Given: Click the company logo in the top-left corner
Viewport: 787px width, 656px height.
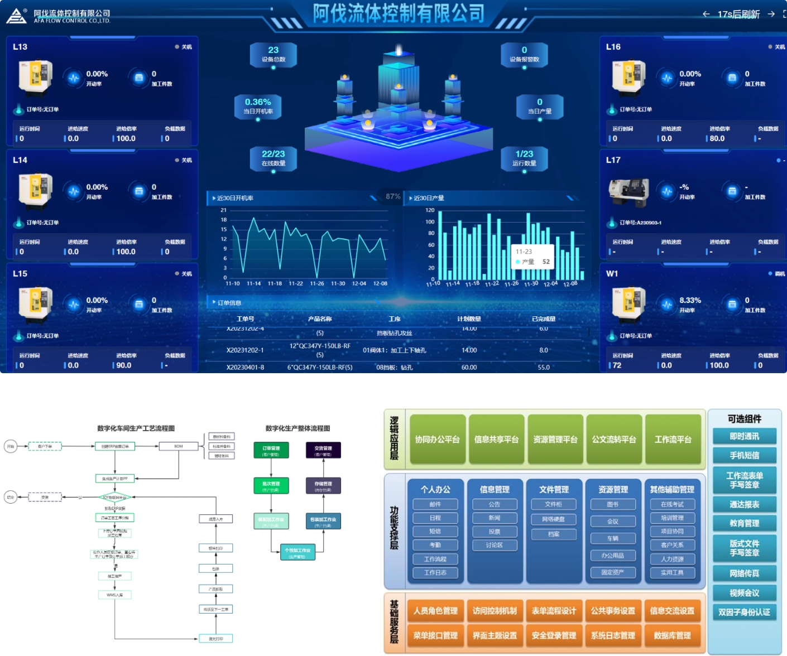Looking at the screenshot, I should tap(16, 16).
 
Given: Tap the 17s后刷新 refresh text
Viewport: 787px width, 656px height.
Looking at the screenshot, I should tap(738, 14).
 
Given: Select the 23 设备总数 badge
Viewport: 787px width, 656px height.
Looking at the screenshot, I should tap(273, 54).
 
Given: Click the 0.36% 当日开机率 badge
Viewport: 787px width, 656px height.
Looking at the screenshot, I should tap(258, 105).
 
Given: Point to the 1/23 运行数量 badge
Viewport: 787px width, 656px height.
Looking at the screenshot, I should tap(524, 158).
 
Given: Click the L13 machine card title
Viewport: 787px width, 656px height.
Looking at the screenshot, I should tap(20, 47).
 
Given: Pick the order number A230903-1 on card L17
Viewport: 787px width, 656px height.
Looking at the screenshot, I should tap(640, 223).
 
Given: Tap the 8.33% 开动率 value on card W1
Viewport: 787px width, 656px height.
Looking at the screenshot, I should tap(690, 300).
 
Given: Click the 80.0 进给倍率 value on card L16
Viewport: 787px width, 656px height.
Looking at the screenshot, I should tap(717, 138).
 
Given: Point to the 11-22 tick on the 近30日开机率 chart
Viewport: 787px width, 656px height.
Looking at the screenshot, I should tap(296, 283).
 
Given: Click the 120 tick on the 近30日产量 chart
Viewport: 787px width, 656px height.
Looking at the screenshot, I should tap(430, 210).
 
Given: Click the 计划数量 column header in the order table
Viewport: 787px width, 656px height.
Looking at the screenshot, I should tap(469, 319).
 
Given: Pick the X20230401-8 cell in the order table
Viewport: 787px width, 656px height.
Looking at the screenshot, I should tap(245, 368).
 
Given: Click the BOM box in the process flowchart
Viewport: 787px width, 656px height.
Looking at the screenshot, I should tap(179, 446).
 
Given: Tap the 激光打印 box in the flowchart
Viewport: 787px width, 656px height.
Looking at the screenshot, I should tap(216, 638).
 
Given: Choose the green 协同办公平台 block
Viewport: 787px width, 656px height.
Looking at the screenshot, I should tap(438, 440).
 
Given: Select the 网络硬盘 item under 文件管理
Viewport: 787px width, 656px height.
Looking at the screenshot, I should tap(554, 519).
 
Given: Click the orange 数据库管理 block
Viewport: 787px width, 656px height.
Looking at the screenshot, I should tap(672, 635).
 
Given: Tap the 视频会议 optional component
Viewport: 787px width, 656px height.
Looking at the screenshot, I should tap(744, 592).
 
